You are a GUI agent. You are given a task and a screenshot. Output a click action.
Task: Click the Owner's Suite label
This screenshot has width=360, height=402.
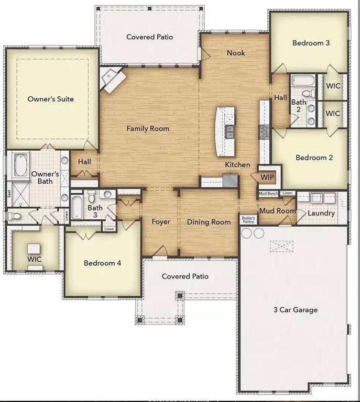(x=50, y=99)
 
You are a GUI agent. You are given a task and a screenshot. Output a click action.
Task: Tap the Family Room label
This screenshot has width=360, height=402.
(x=148, y=128)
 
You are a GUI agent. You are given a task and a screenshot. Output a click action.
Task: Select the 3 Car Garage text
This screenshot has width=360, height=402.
(x=296, y=310)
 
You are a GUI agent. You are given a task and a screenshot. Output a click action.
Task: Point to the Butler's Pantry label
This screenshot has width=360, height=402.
(x=248, y=219)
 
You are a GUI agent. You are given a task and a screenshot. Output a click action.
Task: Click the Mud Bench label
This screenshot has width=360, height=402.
(x=268, y=194)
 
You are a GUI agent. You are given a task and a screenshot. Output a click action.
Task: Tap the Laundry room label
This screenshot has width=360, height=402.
(x=321, y=213)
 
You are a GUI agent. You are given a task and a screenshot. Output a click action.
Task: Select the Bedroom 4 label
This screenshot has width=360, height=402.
(x=103, y=263)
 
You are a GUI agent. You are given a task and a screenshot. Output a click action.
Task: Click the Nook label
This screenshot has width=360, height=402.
(x=236, y=53)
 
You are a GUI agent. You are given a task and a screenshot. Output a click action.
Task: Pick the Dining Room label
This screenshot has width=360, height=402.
(x=209, y=222)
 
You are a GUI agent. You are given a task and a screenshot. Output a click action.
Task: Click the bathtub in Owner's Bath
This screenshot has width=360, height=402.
(x=20, y=164)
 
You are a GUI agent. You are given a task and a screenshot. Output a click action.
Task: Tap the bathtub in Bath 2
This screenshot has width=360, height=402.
(x=302, y=81)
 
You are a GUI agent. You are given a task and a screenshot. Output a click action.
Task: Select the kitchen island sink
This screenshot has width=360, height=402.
(x=230, y=131)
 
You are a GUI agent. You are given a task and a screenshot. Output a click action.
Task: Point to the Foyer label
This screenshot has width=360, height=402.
(x=161, y=222)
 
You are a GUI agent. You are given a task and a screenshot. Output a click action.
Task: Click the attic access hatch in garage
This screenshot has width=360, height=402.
(x=285, y=246)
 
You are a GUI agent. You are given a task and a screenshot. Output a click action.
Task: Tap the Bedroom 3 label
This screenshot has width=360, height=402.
(x=311, y=43)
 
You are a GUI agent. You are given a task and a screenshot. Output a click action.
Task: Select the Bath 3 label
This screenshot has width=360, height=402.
(x=95, y=211)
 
